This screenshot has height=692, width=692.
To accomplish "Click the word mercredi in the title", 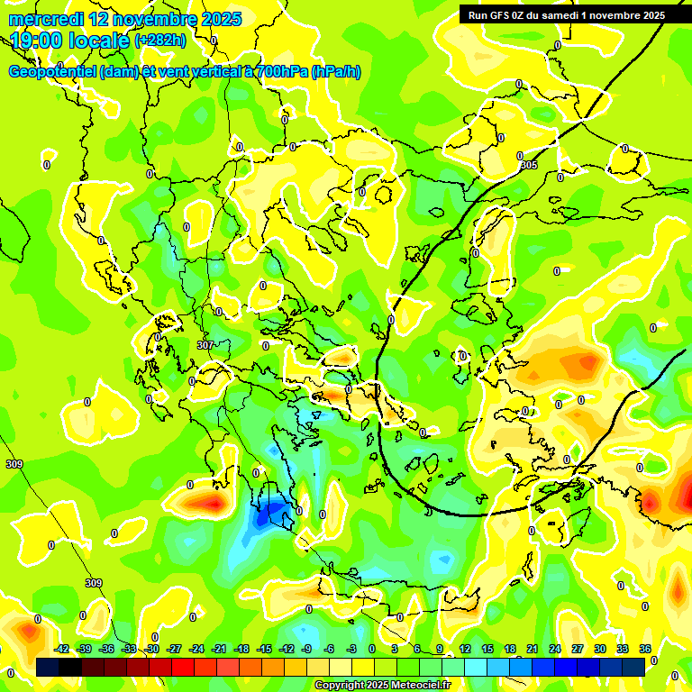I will pyautogui.click(x=45, y=19).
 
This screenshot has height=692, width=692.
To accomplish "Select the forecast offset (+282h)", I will pyautogui.click(x=160, y=40).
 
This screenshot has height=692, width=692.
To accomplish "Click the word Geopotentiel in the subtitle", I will pyautogui.click(x=52, y=72).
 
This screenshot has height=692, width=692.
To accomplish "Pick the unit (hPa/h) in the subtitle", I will pyautogui.click(x=335, y=72).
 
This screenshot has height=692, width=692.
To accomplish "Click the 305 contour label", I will pyautogui.click(x=528, y=166).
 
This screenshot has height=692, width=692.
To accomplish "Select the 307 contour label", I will pyautogui.click(x=205, y=345).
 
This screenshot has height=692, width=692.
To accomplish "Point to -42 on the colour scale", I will pyautogui.click(x=61, y=649).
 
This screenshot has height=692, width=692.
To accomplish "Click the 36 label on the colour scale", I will pyautogui.click(x=644, y=649).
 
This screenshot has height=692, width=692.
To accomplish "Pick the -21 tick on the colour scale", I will pyautogui.click(x=218, y=649).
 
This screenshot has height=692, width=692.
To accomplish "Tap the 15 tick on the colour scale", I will pyautogui.click(x=487, y=649).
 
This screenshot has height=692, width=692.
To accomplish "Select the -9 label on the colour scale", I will pyautogui.click(x=306, y=649).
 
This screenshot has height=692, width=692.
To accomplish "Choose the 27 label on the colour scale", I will pyautogui.click(x=577, y=649).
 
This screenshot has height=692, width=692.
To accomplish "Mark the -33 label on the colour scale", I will pyautogui.click(x=129, y=649).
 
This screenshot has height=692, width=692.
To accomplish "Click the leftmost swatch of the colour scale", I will pyautogui.click(x=48, y=667).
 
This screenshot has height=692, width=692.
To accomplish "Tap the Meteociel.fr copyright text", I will pyautogui.click(x=381, y=686).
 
